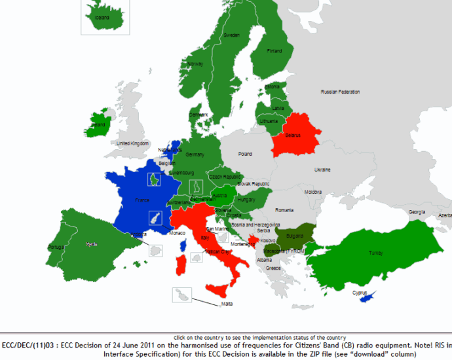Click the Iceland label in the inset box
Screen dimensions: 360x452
tap(102, 18)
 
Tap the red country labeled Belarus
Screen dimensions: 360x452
tap(293, 135)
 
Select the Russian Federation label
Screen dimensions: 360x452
tap(340, 92)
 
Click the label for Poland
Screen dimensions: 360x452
tap(245, 154)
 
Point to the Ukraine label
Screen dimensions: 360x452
tap(322, 170)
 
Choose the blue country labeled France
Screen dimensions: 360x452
tap(141, 200)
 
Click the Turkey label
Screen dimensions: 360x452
tap(375, 253)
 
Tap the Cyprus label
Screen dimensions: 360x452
tap(360, 293)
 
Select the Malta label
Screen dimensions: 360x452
tap(227, 304)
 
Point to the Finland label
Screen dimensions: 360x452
tap(274, 51)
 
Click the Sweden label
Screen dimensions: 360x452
tap(231, 35)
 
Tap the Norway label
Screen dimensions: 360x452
tap(195, 64)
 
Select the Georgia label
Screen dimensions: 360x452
tap(417, 212)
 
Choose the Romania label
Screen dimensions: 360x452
tap(285, 210)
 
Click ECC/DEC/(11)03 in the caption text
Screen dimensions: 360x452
tap(29, 345)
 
